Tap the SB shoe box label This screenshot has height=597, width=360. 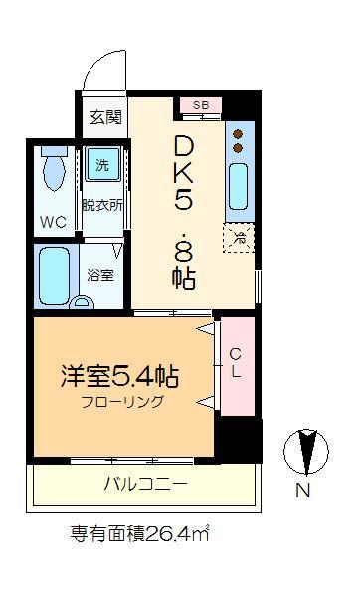tap(201, 105)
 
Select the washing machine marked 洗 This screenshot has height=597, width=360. tap(102, 164)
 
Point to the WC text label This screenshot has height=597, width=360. tap(53, 222)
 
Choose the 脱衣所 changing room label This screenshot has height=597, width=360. tap(102, 205)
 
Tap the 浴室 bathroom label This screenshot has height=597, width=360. tap(100, 275)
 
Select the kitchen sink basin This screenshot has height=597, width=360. tap(239, 187)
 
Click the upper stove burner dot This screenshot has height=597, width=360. tap(238, 134)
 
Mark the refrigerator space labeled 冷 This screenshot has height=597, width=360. tap(239, 238)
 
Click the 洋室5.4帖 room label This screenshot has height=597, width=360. tap(119, 376)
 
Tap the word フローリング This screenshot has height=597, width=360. tap(122, 401)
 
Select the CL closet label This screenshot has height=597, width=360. tap(236, 363)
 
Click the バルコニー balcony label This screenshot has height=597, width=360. tap(146, 484)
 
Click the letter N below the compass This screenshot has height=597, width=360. tap(303, 490)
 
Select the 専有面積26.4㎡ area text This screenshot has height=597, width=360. tap(139, 534)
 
